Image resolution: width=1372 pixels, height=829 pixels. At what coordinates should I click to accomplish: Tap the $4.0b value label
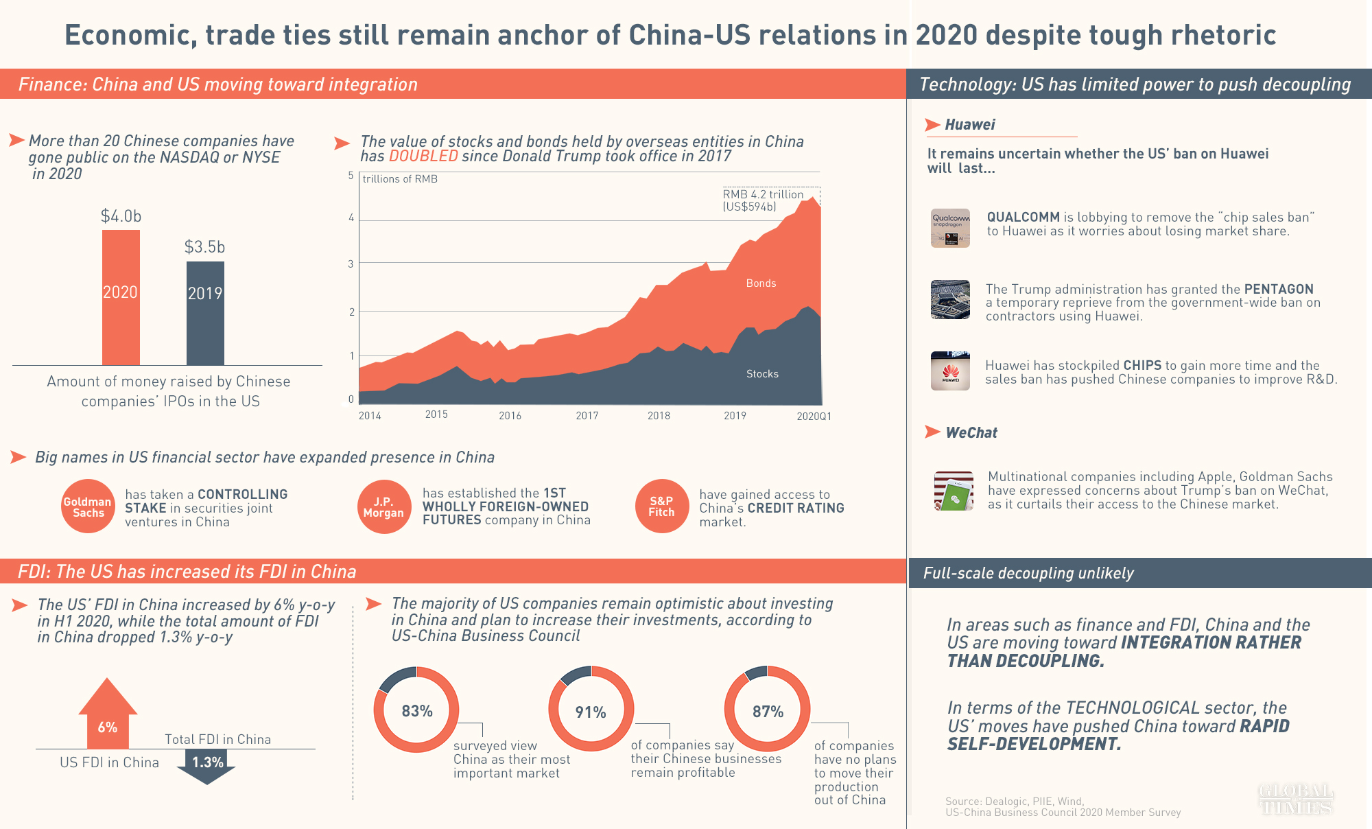pos(121,216)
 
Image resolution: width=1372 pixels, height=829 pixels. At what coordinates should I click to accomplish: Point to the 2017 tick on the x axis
pos(587,416)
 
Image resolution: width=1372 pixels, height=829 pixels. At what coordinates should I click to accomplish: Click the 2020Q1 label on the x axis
pos(814,417)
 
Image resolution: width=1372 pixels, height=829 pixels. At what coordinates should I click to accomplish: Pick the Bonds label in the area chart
pos(761,283)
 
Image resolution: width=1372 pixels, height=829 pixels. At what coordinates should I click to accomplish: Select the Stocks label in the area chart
pos(762,374)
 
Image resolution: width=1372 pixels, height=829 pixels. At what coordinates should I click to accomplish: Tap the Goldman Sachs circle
pos(88,506)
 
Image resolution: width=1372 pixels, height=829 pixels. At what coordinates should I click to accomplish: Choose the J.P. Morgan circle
pos(383,506)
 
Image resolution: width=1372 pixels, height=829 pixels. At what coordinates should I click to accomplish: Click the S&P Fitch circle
pos(661,506)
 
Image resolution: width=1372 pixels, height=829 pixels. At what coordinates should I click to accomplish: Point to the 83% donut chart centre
pos(416,711)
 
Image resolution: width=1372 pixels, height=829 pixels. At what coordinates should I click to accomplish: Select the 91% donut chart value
pos(591,712)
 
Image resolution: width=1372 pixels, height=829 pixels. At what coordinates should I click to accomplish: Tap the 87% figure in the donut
pos(768,712)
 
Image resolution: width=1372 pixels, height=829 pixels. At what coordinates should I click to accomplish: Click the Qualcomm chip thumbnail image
pos(950,228)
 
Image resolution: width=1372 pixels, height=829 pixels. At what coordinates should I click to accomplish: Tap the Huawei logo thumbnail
pos(950,371)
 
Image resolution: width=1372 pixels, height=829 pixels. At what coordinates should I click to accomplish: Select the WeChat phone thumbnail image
pos(954,491)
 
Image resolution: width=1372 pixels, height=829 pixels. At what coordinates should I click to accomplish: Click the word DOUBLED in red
pos(423,156)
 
